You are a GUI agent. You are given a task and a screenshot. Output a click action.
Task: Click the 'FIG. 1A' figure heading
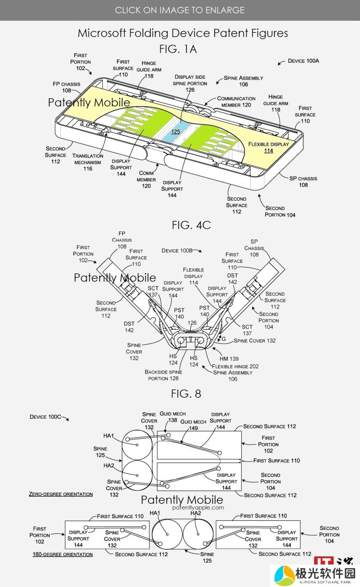[178, 49]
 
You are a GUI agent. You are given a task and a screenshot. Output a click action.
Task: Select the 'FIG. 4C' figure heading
[191, 225]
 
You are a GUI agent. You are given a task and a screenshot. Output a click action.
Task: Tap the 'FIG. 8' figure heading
[186, 394]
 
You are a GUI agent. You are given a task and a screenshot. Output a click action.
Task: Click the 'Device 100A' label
[303, 61]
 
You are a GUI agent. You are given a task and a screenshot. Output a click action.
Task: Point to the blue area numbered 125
[175, 131]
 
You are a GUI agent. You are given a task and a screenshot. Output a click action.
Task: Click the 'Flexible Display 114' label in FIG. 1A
[269, 147]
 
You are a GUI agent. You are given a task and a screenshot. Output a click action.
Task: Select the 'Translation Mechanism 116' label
[88, 162]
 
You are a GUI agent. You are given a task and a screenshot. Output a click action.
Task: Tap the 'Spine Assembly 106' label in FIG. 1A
[243, 81]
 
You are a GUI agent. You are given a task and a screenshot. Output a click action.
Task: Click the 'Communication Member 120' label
[236, 102]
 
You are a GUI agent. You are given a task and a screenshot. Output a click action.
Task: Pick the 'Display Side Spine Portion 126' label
[190, 83]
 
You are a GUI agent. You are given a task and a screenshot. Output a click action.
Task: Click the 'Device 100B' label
[177, 251]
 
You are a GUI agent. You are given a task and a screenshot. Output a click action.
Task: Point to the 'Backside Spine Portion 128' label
[163, 375]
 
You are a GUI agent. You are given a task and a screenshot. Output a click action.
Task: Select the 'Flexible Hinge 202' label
[235, 366]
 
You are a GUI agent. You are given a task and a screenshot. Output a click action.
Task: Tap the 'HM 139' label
[229, 359]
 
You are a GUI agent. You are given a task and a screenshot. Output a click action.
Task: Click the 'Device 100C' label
[45, 417]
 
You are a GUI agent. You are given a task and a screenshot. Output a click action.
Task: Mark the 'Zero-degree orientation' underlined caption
[61, 494]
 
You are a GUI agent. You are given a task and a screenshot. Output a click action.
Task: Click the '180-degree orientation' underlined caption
[63, 555]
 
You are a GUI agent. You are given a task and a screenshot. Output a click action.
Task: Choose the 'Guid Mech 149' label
[193, 425]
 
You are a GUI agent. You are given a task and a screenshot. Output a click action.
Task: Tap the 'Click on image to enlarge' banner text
[180, 10]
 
